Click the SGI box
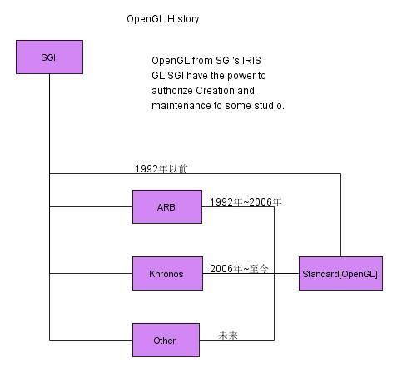(x=49, y=57)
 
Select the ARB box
(x=167, y=206)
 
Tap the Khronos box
(x=167, y=273)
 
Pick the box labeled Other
(x=166, y=340)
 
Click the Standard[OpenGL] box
(x=340, y=273)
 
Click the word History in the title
(x=183, y=19)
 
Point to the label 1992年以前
(x=161, y=169)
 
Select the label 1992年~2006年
(x=246, y=202)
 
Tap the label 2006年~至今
(x=239, y=269)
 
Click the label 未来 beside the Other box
(x=228, y=336)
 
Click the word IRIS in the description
(x=251, y=61)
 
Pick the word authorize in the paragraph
(x=172, y=91)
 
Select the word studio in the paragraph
(x=269, y=106)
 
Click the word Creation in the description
(x=215, y=91)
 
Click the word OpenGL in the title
(x=146, y=19)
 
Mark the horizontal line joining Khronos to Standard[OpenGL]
(x=251, y=273)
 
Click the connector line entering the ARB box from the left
(x=91, y=206)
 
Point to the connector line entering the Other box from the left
(x=91, y=340)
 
